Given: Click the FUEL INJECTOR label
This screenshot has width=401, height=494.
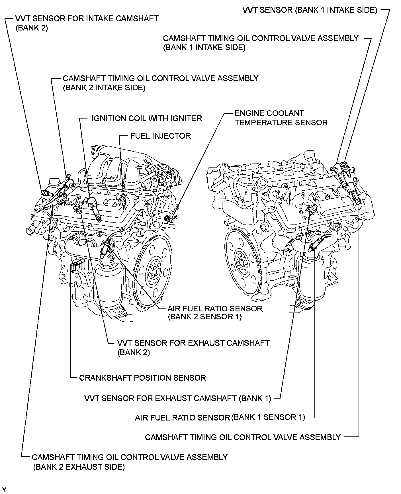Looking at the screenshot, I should (x=160, y=136).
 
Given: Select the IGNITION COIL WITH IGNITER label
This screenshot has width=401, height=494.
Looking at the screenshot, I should (x=146, y=118).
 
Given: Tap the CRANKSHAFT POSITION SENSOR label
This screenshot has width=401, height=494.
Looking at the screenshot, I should (x=142, y=378).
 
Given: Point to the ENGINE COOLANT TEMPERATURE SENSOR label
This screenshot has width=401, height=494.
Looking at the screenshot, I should (x=281, y=118).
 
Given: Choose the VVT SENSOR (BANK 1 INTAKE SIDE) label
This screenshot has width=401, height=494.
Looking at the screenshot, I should (x=310, y=10).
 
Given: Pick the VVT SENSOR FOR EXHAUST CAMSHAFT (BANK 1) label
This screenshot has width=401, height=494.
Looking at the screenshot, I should (x=178, y=398).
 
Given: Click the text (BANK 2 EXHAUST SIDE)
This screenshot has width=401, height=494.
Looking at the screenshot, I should (x=79, y=467).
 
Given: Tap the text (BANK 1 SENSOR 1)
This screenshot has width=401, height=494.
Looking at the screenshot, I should (x=268, y=417).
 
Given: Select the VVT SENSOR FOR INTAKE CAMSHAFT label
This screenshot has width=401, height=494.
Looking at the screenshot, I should (x=87, y=19).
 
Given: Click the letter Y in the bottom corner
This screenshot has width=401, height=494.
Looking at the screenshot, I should (x=4, y=490).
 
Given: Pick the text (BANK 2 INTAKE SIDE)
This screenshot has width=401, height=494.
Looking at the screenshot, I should (x=104, y=87).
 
